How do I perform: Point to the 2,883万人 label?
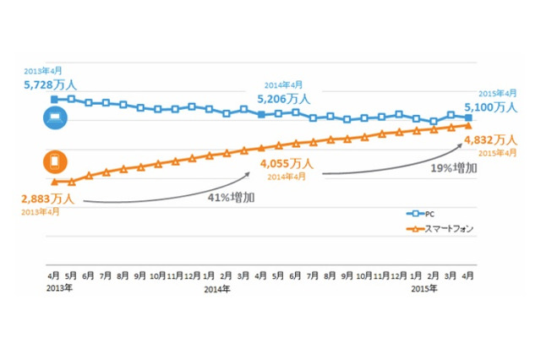click(48, 199)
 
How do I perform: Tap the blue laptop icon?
click(52, 120)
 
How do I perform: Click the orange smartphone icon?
click(52, 161)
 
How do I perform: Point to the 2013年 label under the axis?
click(55, 289)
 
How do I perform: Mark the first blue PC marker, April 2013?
click(54, 100)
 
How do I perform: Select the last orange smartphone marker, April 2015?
click(467, 126)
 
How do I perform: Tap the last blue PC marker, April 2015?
click(467, 117)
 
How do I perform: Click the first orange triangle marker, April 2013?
click(54, 182)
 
